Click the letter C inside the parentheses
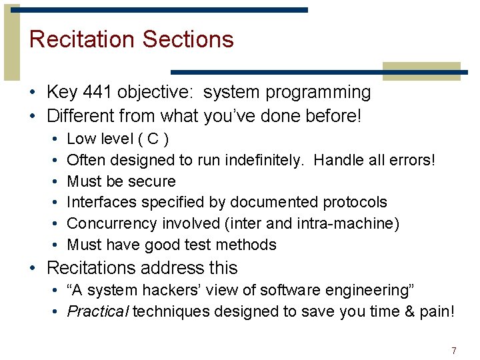click(x=153, y=139)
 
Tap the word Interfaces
click(x=99, y=202)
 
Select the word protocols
click(x=354, y=202)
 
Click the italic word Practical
click(x=98, y=312)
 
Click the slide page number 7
click(x=453, y=351)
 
